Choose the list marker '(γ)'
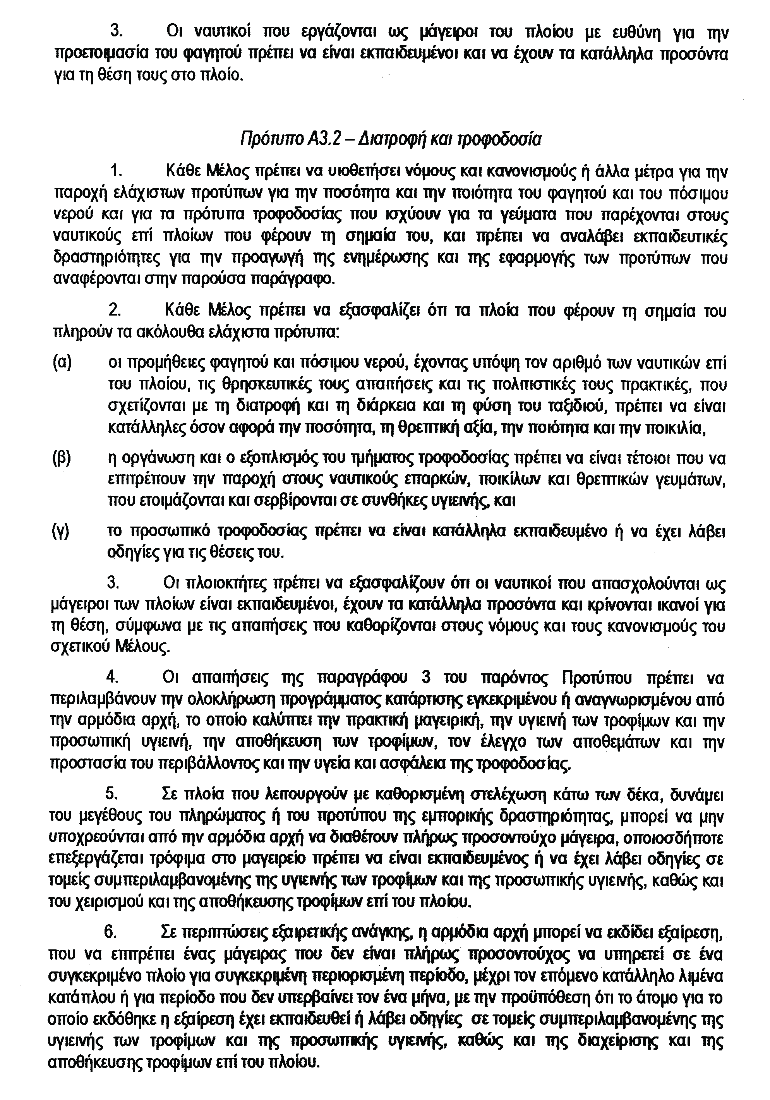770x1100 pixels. pyautogui.click(x=61, y=531)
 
